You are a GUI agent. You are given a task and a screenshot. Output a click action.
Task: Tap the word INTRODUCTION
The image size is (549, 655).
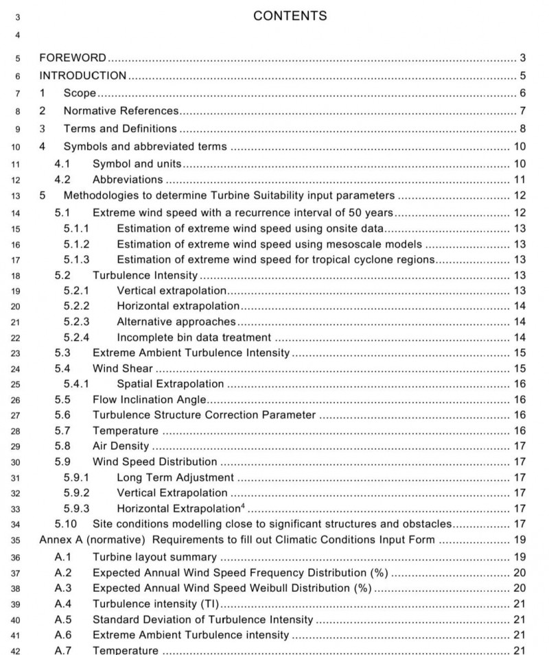coord(82,75)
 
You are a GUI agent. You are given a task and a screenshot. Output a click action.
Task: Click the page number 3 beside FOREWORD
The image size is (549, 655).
coord(522,57)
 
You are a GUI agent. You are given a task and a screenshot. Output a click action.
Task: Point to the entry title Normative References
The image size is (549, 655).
coord(121,110)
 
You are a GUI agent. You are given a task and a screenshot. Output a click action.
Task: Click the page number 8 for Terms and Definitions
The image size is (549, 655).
coord(522,128)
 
